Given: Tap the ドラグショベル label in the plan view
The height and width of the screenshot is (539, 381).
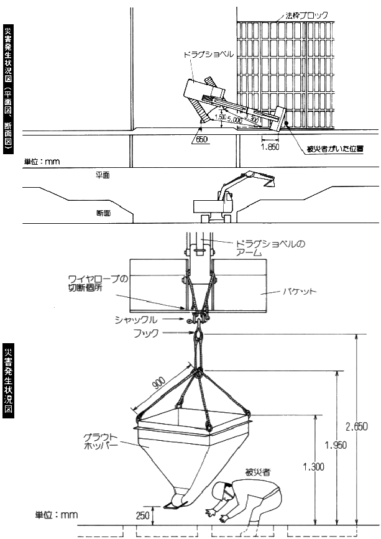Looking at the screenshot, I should [208, 54].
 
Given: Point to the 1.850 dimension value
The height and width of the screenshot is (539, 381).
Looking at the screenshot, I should [269, 148].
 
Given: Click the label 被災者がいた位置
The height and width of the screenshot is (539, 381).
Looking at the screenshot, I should [335, 149].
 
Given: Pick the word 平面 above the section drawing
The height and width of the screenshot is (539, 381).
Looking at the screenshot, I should [103, 175].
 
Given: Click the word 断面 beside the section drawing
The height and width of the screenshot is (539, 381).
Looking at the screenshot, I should [103, 213].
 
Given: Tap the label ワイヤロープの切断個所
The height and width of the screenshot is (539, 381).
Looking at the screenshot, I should [97, 283].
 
